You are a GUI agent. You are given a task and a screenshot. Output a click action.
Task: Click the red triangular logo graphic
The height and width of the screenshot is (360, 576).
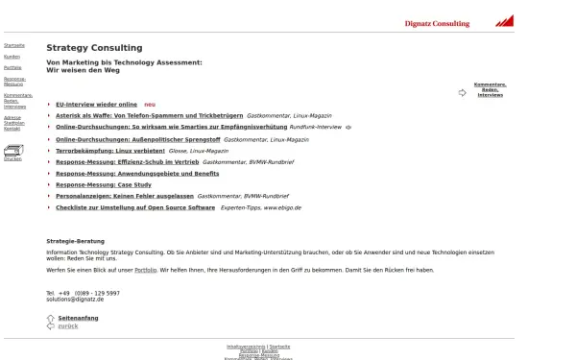click(505, 20)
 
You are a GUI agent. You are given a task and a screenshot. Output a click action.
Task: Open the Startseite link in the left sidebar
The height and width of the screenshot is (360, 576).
click(14, 45)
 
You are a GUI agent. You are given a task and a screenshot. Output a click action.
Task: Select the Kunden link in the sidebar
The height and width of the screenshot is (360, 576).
click(12, 57)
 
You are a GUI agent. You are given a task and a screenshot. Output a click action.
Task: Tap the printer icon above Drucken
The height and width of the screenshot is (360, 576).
click(12, 150)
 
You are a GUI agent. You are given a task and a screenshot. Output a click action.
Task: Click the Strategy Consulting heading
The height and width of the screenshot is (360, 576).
click(94, 48)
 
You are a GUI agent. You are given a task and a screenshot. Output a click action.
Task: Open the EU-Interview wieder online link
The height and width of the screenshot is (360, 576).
click(96, 104)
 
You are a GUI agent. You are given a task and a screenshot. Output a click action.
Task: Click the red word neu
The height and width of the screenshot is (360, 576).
click(149, 104)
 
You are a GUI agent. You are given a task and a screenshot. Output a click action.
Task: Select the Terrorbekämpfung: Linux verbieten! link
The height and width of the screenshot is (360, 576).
click(110, 151)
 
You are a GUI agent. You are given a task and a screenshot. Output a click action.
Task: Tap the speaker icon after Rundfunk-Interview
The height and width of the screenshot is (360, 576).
click(348, 127)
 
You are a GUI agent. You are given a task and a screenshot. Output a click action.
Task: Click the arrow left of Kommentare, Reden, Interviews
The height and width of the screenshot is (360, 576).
click(463, 93)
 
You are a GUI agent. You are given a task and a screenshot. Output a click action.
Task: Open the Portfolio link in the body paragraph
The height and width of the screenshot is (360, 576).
click(144, 270)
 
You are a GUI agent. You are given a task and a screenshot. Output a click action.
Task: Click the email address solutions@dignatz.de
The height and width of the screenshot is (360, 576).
click(75, 300)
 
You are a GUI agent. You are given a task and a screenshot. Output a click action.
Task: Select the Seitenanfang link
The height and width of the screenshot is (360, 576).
click(78, 318)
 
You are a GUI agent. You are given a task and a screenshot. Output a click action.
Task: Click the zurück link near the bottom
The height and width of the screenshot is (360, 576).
click(68, 326)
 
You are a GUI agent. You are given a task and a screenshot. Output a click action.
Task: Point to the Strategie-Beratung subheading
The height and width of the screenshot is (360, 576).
click(75, 241)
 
